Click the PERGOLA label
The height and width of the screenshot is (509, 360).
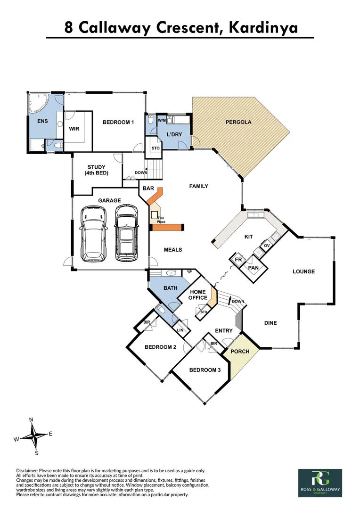click(x=238, y=122)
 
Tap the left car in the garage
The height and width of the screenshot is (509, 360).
click(x=93, y=234)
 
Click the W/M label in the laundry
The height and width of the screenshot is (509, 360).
click(x=162, y=120)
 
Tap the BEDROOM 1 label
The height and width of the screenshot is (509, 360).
click(x=118, y=123)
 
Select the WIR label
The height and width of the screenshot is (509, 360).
click(x=74, y=128)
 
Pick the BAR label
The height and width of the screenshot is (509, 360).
click(x=148, y=189)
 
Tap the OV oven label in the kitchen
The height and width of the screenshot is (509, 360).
click(x=266, y=246)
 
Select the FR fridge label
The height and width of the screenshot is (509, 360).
click(x=238, y=260)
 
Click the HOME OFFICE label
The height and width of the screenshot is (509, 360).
click(x=198, y=295)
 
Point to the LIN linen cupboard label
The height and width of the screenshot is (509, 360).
click(x=180, y=330)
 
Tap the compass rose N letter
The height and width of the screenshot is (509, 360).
click(x=31, y=419)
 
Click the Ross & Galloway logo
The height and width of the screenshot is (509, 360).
click(x=320, y=482)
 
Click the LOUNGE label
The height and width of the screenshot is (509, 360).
click(x=303, y=271)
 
